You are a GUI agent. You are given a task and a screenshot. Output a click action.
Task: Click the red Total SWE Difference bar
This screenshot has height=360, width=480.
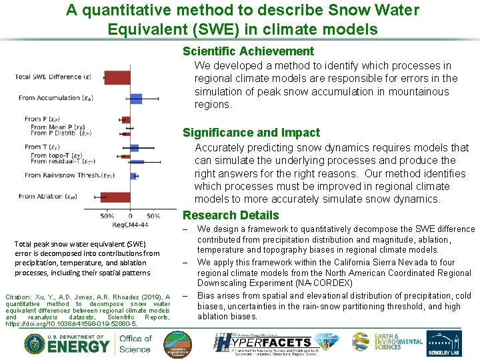[117, 77]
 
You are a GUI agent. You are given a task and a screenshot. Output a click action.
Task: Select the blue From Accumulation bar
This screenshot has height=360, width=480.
[136, 99]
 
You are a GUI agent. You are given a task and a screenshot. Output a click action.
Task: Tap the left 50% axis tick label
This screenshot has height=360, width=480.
[107, 216]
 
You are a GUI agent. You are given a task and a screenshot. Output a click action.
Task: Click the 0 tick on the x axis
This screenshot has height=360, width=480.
[130, 216]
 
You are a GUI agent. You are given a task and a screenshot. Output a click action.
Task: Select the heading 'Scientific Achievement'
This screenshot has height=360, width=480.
[248, 51]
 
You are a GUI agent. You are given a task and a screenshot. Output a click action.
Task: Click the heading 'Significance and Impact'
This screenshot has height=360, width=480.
[251, 133]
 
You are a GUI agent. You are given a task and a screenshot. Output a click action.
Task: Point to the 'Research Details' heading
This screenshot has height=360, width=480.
[231, 215]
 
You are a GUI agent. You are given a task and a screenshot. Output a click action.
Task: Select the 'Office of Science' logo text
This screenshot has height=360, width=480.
[135, 343]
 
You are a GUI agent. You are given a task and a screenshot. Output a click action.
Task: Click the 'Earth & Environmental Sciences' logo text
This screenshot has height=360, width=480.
[397, 342]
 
